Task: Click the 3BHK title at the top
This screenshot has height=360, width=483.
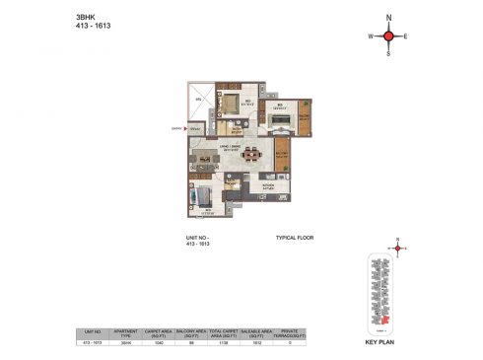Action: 86,17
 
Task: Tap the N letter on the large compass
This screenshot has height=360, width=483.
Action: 388,18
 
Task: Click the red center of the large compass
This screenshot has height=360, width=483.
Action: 388,36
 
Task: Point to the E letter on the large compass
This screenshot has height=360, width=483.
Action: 406,37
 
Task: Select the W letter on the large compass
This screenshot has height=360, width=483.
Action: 371,37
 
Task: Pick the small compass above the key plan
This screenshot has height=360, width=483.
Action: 398,248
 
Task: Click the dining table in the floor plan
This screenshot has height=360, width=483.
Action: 253,153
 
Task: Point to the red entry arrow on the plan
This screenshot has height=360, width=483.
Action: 183,127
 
